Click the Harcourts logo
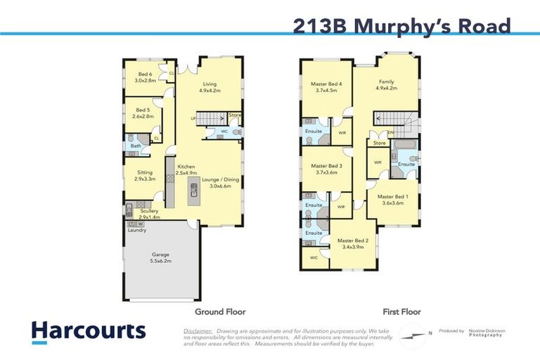pyautogui.click(x=88, y=331)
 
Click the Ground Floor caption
pyautogui.click(x=220, y=311)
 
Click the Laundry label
pyautogui.click(x=136, y=230)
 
